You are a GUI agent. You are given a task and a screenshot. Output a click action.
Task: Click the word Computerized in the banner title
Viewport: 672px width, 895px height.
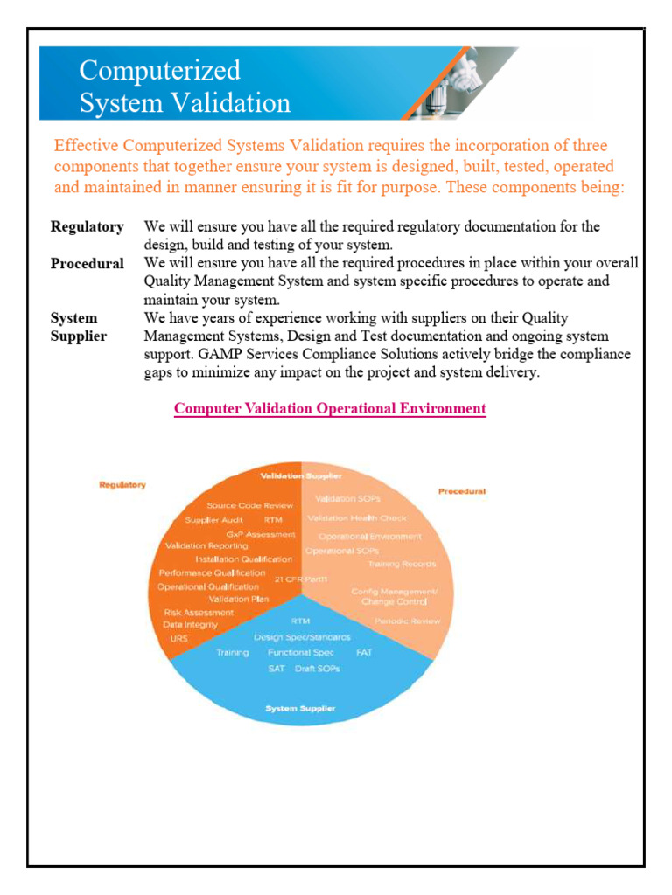(x=159, y=70)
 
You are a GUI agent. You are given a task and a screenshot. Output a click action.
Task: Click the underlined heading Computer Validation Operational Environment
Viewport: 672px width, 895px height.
(x=330, y=408)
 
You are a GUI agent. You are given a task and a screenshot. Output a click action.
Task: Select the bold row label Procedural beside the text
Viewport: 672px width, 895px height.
(x=87, y=263)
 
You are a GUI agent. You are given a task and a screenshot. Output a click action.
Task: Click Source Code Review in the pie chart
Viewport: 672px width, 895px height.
(x=249, y=505)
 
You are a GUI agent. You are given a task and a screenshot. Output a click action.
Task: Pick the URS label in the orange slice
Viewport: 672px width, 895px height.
(x=178, y=639)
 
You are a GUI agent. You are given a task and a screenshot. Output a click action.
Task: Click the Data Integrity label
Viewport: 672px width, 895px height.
(x=190, y=626)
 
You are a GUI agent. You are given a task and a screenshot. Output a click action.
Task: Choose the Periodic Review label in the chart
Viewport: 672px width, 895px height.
(x=407, y=621)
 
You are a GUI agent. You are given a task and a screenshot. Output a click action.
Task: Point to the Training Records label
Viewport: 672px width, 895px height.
(x=402, y=565)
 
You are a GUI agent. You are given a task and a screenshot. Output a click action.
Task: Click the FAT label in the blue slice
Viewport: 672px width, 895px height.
(x=364, y=653)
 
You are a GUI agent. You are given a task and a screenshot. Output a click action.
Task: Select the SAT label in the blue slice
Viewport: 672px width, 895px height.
(x=276, y=669)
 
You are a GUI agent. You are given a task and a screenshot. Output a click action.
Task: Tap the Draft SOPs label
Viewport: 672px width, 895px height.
(x=318, y=669)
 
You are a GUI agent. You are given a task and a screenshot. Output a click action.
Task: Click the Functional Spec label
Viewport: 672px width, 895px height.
(x=301, y=653)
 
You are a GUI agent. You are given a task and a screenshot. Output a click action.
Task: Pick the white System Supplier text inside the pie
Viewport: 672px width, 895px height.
(x=300, y=708)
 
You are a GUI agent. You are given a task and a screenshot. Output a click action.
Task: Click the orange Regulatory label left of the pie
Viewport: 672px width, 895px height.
(x=122, y=484)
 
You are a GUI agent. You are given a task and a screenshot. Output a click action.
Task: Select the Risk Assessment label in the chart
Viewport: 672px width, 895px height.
(x=199, y=613)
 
